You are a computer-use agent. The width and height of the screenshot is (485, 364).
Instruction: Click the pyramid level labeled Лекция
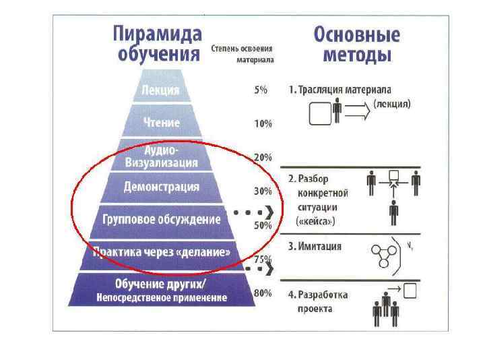(160, 90)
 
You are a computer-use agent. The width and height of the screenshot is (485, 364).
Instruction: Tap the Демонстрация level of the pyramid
(162, 187)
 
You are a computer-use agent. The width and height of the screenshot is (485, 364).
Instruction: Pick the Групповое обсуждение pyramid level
(162, 220)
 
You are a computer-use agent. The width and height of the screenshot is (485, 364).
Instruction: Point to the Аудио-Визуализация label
(162, 156)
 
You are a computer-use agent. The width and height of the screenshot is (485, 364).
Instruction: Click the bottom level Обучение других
(162, 289)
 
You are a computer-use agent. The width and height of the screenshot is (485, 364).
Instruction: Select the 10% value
(262, 123)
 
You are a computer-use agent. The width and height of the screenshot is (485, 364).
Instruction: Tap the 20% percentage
(262, 157)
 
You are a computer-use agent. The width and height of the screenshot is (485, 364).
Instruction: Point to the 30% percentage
(262, 191)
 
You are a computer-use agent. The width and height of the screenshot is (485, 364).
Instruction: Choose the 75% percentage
(262, 259)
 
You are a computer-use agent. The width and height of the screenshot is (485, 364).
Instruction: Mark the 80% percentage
(262, 293)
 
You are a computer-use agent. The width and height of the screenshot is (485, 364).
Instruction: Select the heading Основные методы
(357, 44)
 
